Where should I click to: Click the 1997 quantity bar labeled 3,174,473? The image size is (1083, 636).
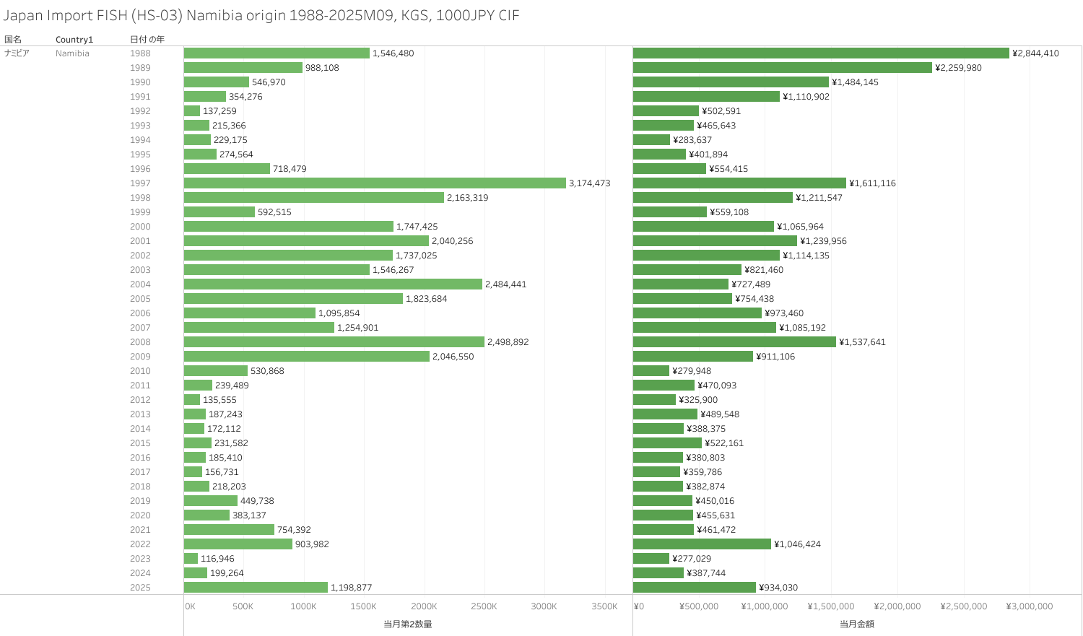375,183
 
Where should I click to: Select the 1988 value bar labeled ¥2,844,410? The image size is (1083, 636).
821,53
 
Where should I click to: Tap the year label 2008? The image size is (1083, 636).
140,342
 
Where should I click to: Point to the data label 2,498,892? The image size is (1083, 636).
508,342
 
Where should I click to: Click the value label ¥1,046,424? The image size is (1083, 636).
797,544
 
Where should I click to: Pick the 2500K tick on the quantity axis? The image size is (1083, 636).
484,606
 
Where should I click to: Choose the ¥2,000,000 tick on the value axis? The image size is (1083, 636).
897,606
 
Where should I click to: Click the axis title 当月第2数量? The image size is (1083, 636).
408,624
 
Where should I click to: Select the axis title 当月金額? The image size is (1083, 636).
857,624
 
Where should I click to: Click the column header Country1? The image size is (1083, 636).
74,40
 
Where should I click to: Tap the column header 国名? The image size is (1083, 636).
13,40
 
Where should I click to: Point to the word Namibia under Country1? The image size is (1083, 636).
72,53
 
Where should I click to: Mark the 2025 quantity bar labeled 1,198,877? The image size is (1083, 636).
256,588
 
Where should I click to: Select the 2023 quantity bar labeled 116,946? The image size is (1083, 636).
191,559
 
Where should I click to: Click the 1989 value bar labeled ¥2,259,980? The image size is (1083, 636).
783,68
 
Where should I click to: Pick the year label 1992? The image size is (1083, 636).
140,111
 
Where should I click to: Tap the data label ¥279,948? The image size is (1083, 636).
692,371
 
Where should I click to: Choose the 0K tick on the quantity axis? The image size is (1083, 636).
190,606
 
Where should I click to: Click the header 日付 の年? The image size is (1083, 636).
147,40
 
